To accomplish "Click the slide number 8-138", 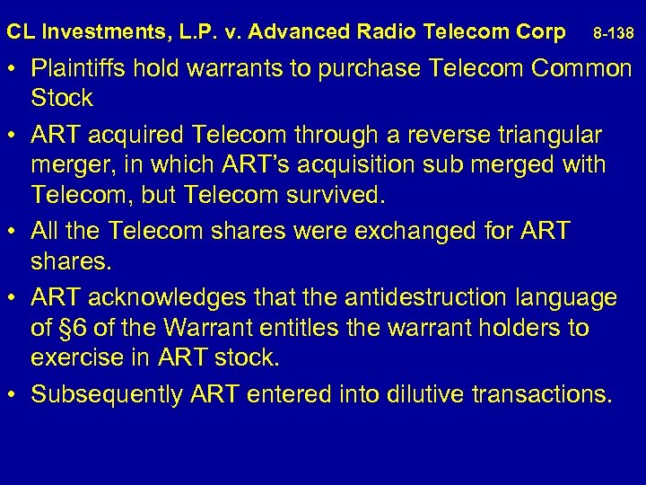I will [x=614, y=34].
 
